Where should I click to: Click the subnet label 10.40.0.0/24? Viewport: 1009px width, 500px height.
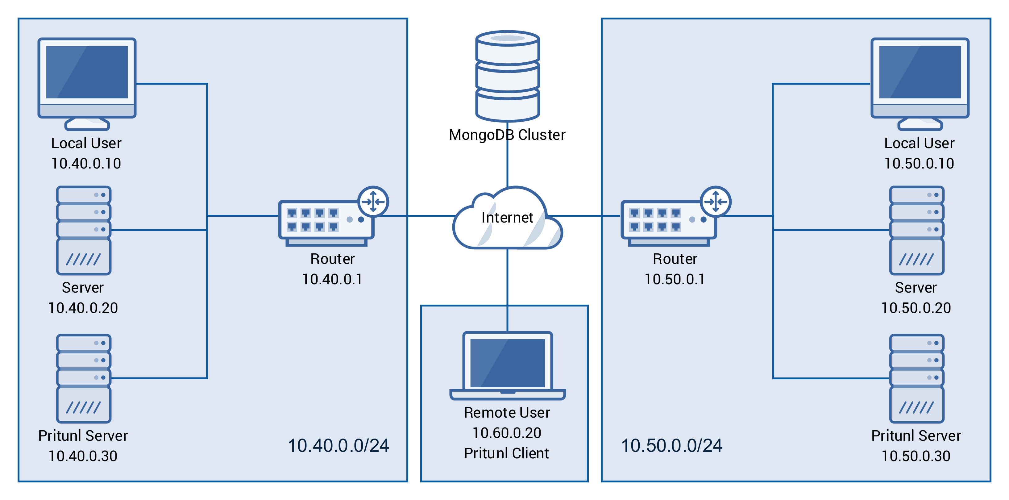click(338, 446)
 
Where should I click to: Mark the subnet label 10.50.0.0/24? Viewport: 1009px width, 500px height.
click(671, 446)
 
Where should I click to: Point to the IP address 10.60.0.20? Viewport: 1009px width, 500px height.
click(507, 433)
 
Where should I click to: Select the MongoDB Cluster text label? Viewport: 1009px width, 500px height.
click(507, 135)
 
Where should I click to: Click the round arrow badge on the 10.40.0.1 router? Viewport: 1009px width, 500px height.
click(373, 202)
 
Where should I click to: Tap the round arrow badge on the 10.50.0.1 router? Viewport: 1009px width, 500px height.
click(716, 202)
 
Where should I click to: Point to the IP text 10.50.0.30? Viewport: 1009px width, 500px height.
click(916, 456)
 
